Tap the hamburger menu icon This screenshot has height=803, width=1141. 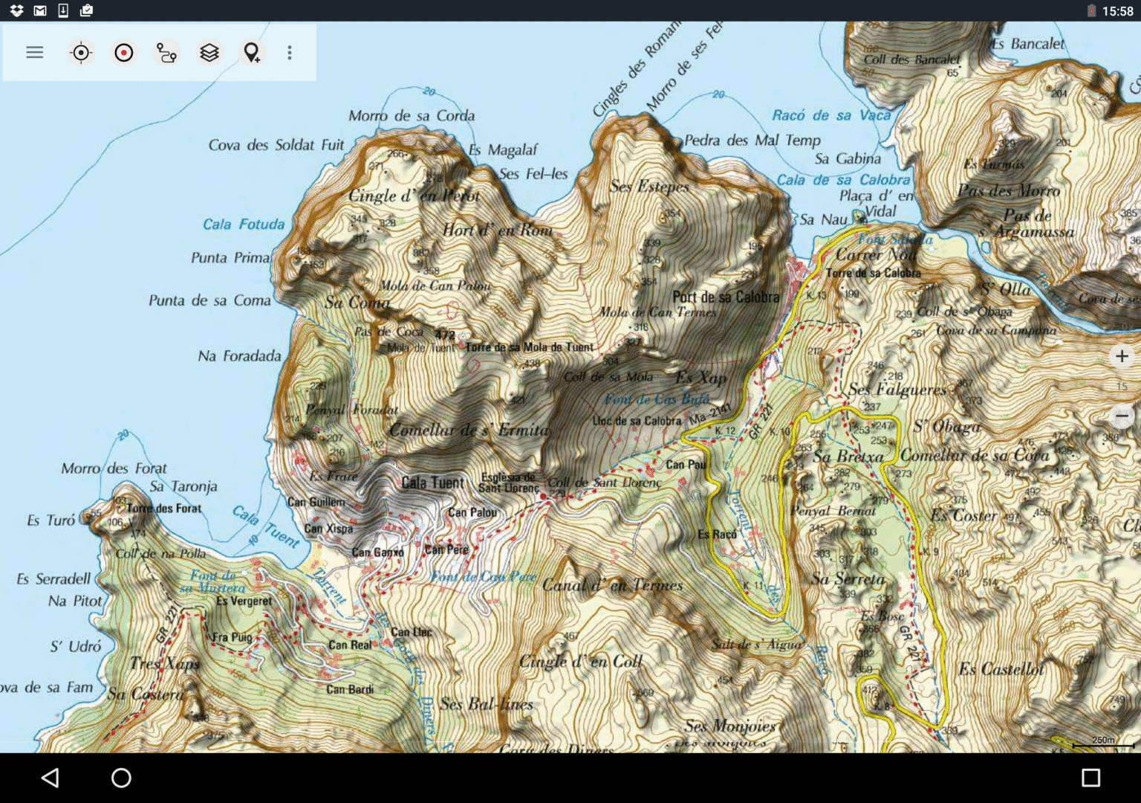pyautogui.click(x=34, y=52)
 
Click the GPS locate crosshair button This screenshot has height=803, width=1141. pyautogui.click(x=80, y=53)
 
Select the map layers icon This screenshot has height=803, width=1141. pyautogui.click(x=209, y=53)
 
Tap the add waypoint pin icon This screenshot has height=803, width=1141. pyautogui.click(x=252, y=53)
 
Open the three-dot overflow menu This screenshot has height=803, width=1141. pyautogui.click(x=290, y=53)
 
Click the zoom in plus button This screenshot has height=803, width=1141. pyautogui.click(x=1122, y=356)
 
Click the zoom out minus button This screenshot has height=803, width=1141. pyautogui.click(x=1122, y=416)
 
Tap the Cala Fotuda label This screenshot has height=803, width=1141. pyautogui.click(x=244, y=224)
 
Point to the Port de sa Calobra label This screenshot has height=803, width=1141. pyautogui.click(x=726, y=297)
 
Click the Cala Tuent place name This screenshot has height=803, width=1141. pyautogui.click(x=432, y=483)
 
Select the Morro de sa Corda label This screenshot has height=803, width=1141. pyautogui.click(x=412, y=115)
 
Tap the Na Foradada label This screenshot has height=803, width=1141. pyautogui.click(x=239, y=356)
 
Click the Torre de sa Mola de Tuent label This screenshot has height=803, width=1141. pyautogui.click(x=529, y=347)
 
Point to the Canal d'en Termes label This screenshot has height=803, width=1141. pyautogui.click(x=612, y=585)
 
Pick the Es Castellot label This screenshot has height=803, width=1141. pyautogui.click(x=1001, y=669)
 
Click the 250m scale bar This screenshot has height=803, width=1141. pyautogui.click(x=1103, y=742)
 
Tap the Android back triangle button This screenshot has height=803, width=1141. pyautogui.click(x=50, y=778)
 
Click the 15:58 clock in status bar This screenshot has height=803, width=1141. pyautogui.click(x=1117, y=10)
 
